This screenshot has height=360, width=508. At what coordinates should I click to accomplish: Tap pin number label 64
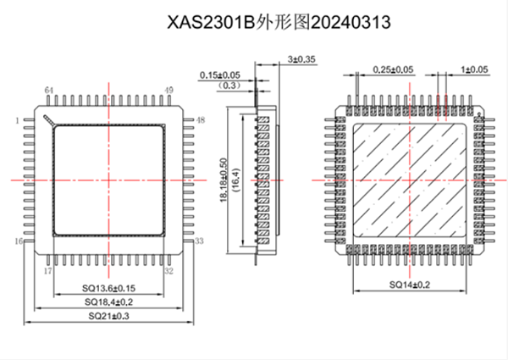click(49, 90)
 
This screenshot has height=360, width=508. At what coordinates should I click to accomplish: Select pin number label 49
click(168, 90)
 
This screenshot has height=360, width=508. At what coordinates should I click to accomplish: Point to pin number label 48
click(200, 120)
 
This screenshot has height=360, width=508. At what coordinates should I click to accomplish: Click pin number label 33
click(199, 241)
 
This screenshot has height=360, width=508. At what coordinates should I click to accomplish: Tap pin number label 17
click(47, 271)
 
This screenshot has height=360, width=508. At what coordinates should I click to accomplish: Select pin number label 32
click(168, 271)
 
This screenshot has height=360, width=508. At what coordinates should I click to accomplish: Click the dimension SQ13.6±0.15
click(108, 288)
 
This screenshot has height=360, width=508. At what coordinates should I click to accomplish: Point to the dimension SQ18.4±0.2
click(108, 302)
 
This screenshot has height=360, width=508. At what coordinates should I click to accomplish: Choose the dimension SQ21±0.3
click(109, 315)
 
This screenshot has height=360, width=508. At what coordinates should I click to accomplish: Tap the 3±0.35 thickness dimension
click(301, 59)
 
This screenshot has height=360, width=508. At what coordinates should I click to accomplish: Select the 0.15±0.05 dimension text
click(219, 75)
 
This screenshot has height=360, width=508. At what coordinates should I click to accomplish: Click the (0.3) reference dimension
click(229, 86)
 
